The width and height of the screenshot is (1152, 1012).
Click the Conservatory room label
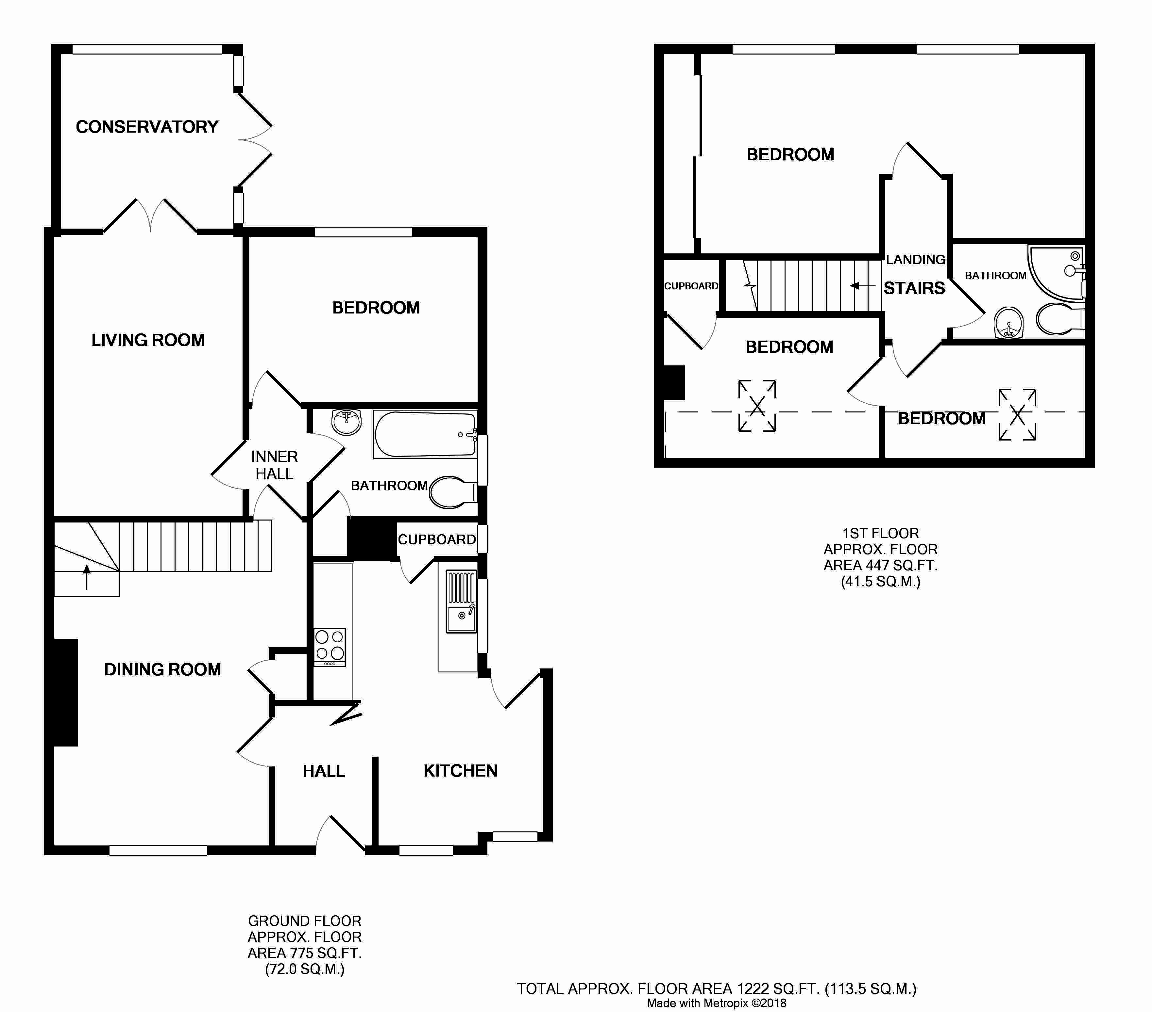point(147,127)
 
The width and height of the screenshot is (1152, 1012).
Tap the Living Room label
point(148,340)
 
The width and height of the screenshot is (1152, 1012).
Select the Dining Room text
point(163,669)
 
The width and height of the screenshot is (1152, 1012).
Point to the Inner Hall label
point(275,465)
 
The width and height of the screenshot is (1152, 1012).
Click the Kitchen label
point(461,771)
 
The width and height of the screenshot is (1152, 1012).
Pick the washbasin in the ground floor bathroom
point(346,422)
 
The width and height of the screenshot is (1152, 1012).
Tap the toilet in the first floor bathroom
point(1059,320)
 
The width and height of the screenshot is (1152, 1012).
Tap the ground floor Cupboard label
point(437,539)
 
